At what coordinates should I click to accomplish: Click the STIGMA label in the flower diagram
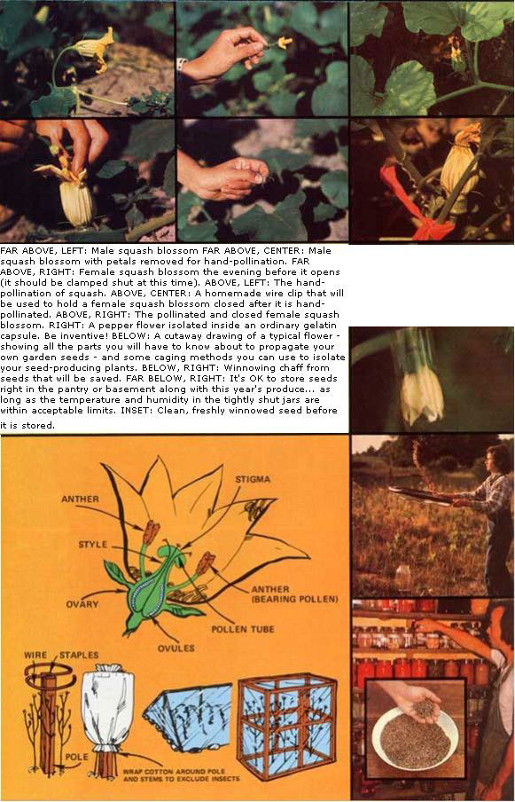pyautogui.click(x=253, y=479)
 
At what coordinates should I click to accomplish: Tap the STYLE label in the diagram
pyautogui.click(x=92, y=545)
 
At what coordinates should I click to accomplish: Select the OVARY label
pyautogui.click(x=82, y=604)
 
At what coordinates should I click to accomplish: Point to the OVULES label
pyautogui.click(x=176, y=648)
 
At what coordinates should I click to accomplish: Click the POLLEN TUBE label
pyautogui.click(x=243, y=629)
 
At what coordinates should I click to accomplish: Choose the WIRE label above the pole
pyautogui.click(x=35, y=656)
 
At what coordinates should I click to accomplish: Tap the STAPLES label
pyautogui.click(x=79, y=656)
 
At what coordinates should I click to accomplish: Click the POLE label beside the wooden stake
pyautogui.click(x=76, y=757)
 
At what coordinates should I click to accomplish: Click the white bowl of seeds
pyautogui.click(x=415, y=738)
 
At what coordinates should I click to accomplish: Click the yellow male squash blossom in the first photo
pyautogui.click(x=96, y=50)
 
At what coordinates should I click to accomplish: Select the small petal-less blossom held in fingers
pyautogui.click(x=283, y=43)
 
